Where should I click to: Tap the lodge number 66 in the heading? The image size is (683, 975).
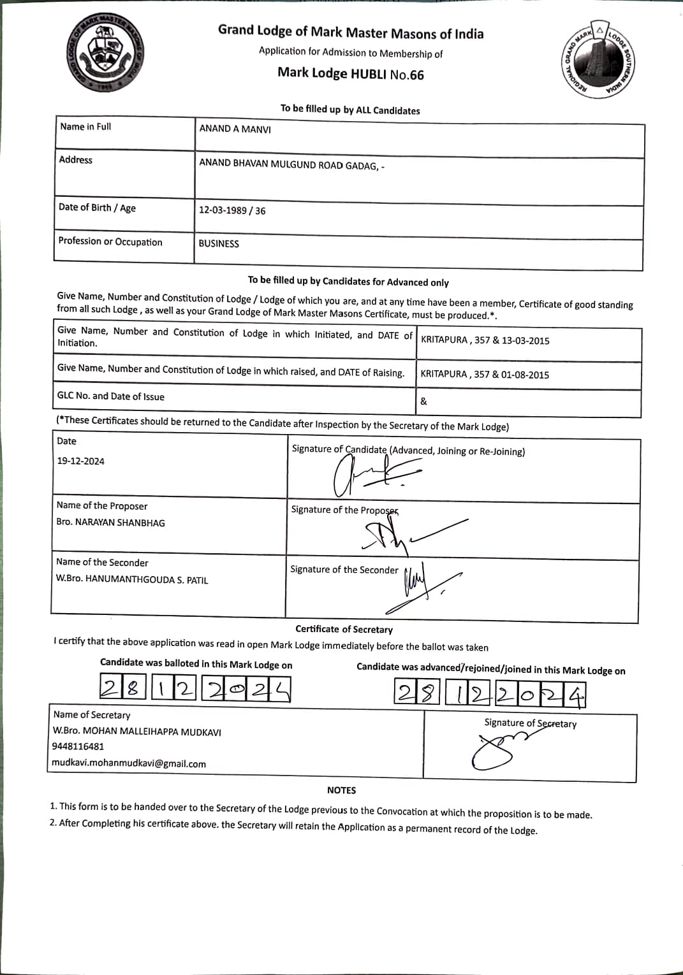point(416,75)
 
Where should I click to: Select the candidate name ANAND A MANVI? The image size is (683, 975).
point(235,129)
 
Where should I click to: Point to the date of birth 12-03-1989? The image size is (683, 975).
point(223,210)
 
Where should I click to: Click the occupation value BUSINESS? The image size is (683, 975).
point(219,243)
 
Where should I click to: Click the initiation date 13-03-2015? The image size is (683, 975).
point(525,340)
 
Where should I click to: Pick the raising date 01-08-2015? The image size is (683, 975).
point(525,375)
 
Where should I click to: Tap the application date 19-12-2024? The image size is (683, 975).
point(81,461)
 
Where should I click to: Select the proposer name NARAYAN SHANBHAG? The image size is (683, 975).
point(120,523)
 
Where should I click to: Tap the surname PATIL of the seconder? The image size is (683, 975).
point(197,581)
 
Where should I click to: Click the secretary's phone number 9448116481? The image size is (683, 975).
point(78,746)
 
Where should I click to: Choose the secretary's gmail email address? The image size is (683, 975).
point(129,763)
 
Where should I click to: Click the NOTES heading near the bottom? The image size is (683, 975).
point(341,790)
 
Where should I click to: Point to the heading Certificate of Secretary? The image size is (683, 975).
point(344,630)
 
